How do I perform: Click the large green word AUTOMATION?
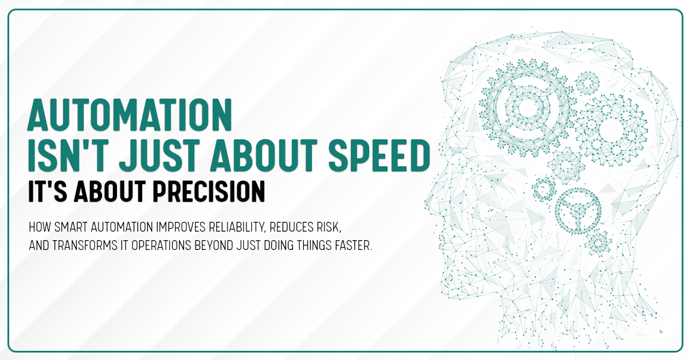pyautogui.click(x=130, y=115)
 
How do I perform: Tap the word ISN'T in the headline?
pyautogui.click(x=68, y=155)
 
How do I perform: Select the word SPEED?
pyautogui.click(x=380, y=155)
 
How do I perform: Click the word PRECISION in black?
pyautogui.click(x=209, y=191)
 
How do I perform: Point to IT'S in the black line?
pyautogui.click(x=48, y=191)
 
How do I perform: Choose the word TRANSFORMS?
pyautogui.click(x=85, y=245)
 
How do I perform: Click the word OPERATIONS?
pyautogui.click(x=161, y=245)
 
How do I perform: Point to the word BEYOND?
pyautogui.click(x=214, y=245)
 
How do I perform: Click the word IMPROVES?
pyautogui.click(x=181, y=227)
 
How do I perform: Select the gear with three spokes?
pyautogui.click(x=578, y=211)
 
